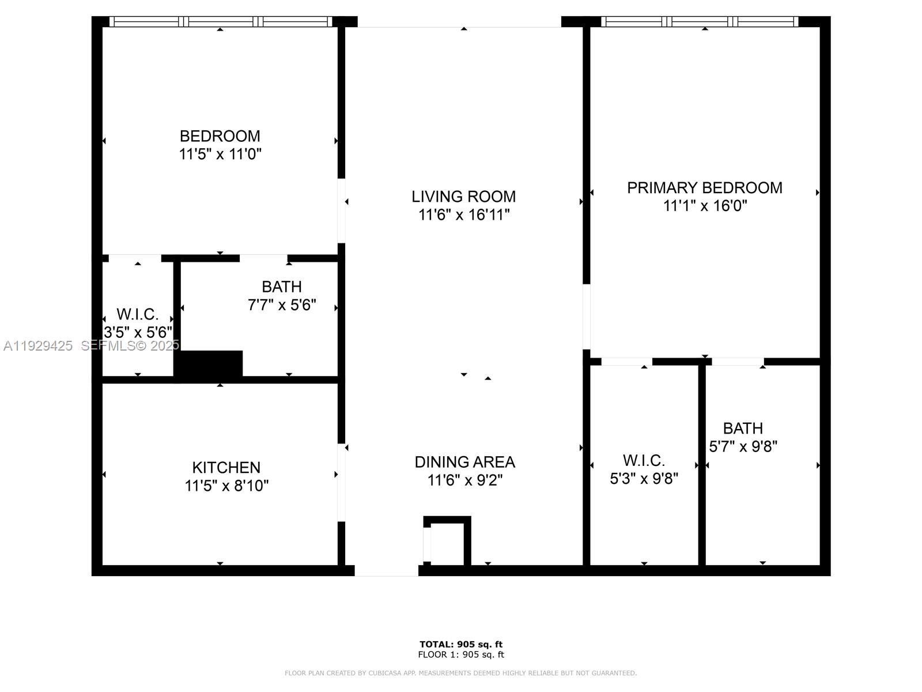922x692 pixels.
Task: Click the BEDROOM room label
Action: click(220, 136)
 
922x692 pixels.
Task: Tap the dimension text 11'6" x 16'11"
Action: click(464, 215)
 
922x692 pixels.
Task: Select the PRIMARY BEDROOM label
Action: click(704, 188)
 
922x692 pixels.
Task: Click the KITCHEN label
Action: click(226, 467)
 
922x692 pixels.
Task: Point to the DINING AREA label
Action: click(464, 462)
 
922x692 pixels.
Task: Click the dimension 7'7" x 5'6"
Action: click(282, 305)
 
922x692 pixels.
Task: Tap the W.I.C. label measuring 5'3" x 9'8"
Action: click(644, 461)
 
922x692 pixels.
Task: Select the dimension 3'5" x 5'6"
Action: click(138, 333)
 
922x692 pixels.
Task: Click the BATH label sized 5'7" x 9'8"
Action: click(743, 428)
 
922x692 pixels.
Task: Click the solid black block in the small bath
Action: click(211, 364)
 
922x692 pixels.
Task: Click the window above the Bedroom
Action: click(221, 22)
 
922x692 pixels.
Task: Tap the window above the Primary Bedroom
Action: click(700, 22)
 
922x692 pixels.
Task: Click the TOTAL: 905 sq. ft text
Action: click(461, 644)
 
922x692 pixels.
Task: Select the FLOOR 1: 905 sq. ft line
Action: click(461, 655)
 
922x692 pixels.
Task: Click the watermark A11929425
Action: click(38, 346)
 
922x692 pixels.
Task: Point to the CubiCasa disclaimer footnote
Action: click(461, 673)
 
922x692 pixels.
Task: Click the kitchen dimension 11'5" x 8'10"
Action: click(226, 486)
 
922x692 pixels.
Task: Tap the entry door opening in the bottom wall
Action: click(386, 570)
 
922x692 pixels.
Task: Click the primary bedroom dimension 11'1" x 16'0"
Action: click(705, 206)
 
